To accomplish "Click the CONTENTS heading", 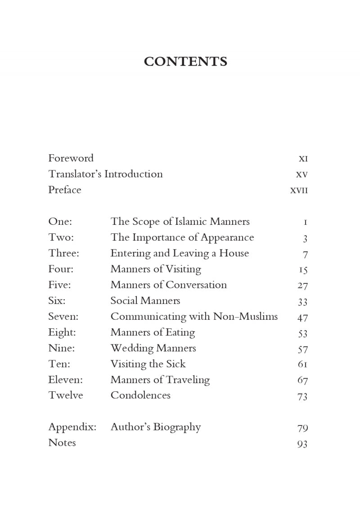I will tap(185, 62).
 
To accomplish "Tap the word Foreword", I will tap(71, 158).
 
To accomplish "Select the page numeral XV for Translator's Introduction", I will tap(301, 174).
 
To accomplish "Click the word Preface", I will tap(65, 190).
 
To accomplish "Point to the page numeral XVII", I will tap(299, 190).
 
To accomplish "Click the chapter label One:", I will tap(60, 222).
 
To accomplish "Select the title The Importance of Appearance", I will tap(182, 237).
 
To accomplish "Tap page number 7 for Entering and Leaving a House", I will tap(305, 255).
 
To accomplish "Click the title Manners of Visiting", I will tap(156, 269).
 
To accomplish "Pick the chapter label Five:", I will tap(59, 285).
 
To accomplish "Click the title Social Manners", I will tap(145, 301).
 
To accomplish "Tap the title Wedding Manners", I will tap(153, 349).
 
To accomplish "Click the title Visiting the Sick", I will tap(148, 364).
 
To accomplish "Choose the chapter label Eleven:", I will tap(66, 380).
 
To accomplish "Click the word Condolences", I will tap(140, 396).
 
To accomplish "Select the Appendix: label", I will tap(72, 427).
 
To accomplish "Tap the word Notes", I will tap(62, 443).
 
